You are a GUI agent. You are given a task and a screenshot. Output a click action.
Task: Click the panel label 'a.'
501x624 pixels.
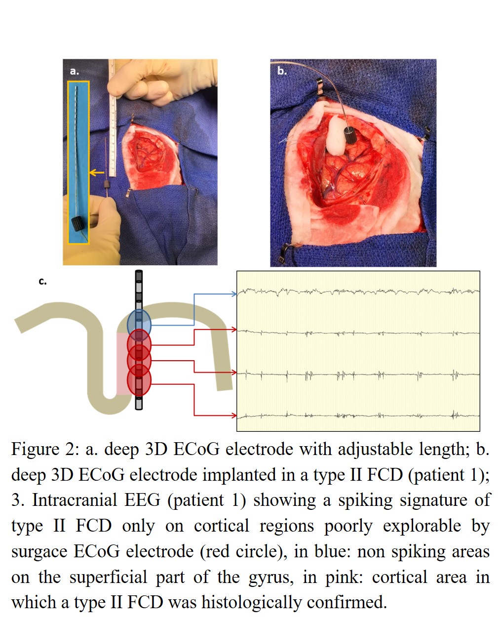click(74, 72)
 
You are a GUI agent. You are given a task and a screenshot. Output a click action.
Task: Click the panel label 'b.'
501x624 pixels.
click(281, 71)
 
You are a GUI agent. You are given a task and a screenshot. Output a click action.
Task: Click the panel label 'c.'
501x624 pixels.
click(43, 282)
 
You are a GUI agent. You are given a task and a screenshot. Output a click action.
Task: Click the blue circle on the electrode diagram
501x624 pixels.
click(139, 323)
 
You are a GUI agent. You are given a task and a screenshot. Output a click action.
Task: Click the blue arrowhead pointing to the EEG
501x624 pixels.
click(234, 294)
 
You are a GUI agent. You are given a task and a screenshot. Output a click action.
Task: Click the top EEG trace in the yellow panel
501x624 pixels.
click(358, 291)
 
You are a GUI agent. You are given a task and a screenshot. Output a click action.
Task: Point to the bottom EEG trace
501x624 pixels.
click(358, 416)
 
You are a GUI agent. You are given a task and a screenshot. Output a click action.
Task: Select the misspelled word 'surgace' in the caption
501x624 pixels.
click(41, 551)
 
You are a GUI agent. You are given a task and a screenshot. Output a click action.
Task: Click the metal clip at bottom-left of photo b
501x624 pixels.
click(283, 254)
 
